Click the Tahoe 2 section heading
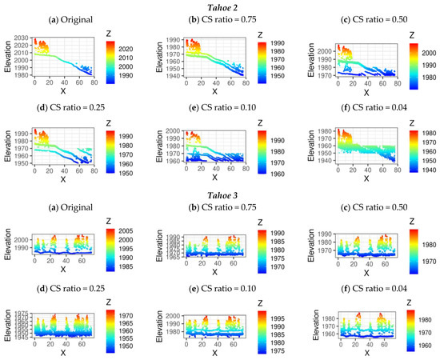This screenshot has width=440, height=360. (219, 7)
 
